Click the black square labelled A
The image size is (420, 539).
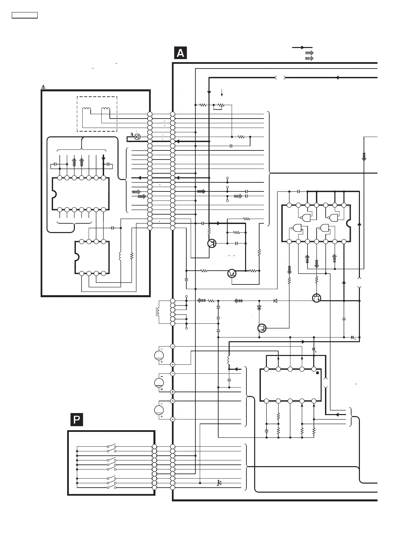pos(180,53)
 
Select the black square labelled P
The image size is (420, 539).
pos(77,420)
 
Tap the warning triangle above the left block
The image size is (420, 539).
pos(43,87)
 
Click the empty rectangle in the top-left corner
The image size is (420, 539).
pos(25,15)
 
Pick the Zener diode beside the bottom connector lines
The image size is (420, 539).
pos(219,483)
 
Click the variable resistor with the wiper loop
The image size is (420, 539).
pos(220,105)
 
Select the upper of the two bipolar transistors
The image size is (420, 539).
pos(212,243)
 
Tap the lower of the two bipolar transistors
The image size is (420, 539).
pos(232,273)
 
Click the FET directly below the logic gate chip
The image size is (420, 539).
pos(317,298)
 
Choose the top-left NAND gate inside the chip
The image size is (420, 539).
pos(306,218)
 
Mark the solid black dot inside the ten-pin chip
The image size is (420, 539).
pos(318,373)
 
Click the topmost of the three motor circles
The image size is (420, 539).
pos(159,355)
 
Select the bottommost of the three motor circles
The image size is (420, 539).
pos(159,410)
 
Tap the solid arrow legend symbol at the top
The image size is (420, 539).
pos(302,48)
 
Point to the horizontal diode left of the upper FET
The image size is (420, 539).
pos(275,301)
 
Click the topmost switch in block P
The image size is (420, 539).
pos(111,447)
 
